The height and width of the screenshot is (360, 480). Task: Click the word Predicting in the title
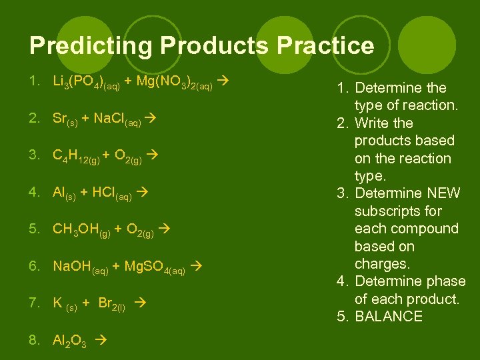(83, 45)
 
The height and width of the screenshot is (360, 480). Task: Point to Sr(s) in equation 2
(65, 119)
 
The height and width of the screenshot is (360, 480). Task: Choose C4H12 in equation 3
(77, 156)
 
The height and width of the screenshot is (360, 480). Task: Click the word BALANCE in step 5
(389, 316)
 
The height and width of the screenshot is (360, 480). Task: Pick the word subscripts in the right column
(399, 211)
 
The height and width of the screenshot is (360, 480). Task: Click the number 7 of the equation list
(33, 303)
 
